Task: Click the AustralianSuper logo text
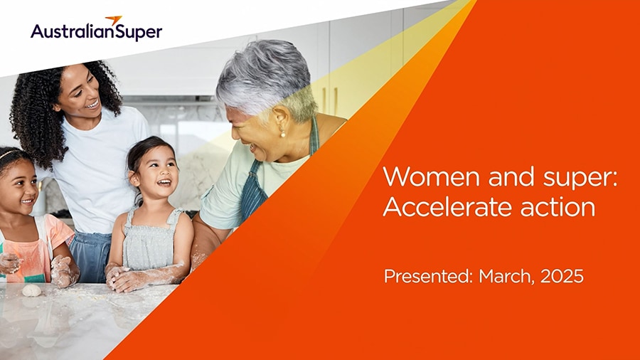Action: [x=96, y=32]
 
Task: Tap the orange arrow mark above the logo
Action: [x=114, y=20]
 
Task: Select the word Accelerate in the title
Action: [x=448, y=207]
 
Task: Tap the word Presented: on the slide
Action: [x=428, y=276]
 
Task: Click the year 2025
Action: [x=562, y=276]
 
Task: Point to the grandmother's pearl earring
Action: [x=282, y=133]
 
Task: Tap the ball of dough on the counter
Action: [x=31, y=290]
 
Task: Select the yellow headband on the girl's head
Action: [x=9, y=154]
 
